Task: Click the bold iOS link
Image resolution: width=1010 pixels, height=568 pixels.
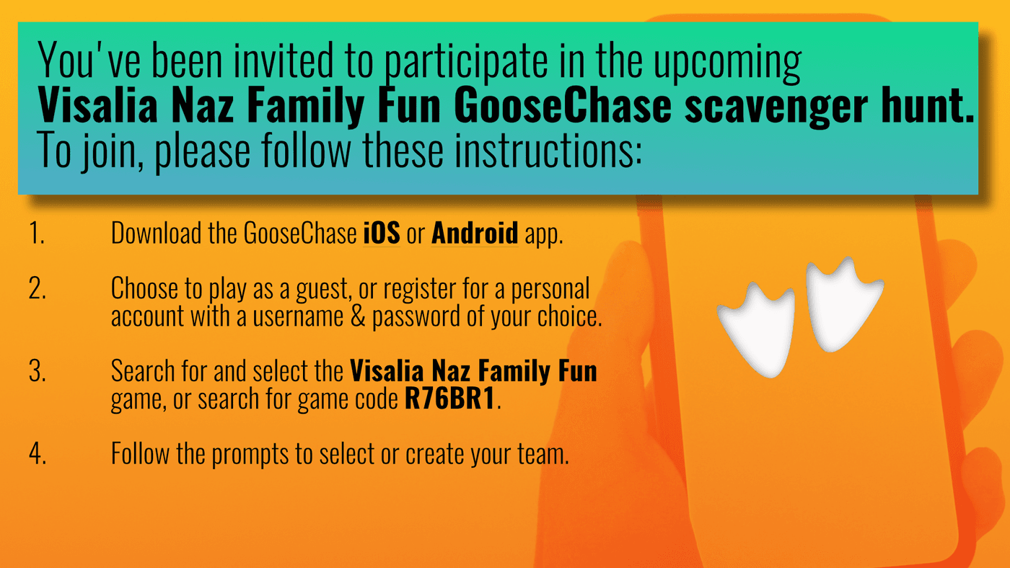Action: pyautogui.click(x=382, y=233)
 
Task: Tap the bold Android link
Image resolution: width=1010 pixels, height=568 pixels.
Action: pyautogui.click(x=475, y=233)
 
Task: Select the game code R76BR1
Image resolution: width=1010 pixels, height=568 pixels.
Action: pyautogui.click(x=449, y=398)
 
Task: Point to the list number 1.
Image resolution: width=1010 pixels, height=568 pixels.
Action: pyautogui.click(x=37, y=234)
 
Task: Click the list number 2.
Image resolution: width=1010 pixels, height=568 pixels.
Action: pyautogui.click(x=38, y=288)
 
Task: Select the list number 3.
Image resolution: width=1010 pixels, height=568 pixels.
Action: pyautogui.click(x=38, y=371)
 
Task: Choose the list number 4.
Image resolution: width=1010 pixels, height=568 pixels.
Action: pyautogui.click(x=38, y=453)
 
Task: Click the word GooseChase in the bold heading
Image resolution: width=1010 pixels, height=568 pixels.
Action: pyautogui.click(x=563, y=105)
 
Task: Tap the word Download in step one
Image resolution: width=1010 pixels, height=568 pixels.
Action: pyautogui.click(x=156, y=233)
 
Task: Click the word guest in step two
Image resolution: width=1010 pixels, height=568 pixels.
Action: pyautogui.click(x=323, y=289)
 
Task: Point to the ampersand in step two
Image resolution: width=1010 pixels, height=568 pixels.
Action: pyautogui.click(x=358, y=316)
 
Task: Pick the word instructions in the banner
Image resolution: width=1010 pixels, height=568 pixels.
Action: pyautogui.click(x=548, y=150)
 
